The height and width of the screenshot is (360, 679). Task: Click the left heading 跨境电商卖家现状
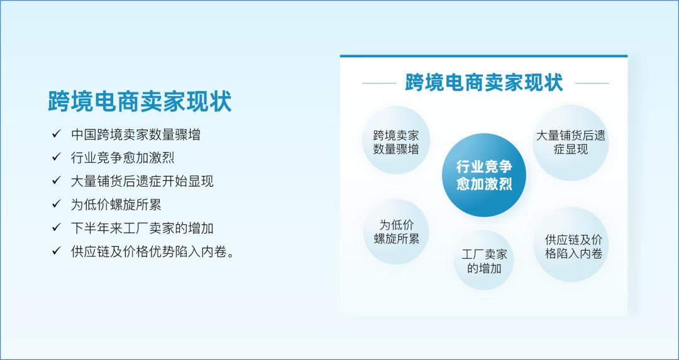click(x=140, y=101)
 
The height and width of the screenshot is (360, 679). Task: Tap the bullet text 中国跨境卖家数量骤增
click(x=136, y=134)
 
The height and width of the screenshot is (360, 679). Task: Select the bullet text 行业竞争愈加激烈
click(x=123, y=158)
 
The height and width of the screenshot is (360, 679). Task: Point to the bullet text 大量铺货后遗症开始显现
click(x=142, y=181)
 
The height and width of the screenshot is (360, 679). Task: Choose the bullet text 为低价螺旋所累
click(x=116, y=204)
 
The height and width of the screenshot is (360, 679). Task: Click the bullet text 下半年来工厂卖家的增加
click(x=142, y=227)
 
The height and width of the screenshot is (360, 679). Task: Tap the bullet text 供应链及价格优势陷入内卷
click(x=153, y=251)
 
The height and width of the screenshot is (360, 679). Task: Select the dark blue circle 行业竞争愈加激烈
click(x=483, y=175)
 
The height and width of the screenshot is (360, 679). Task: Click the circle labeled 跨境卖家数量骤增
click(x=396, y=141)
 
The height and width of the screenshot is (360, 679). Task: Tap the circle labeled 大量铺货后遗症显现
click(x=570, y=142)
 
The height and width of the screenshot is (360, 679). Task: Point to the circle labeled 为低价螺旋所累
click(x=396, y=231)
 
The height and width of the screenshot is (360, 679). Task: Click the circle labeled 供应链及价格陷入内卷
click(x=573, y=246)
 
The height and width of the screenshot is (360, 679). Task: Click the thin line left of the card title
click(x=378, y=83)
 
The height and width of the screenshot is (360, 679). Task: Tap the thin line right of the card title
click(x=592, y=83)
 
